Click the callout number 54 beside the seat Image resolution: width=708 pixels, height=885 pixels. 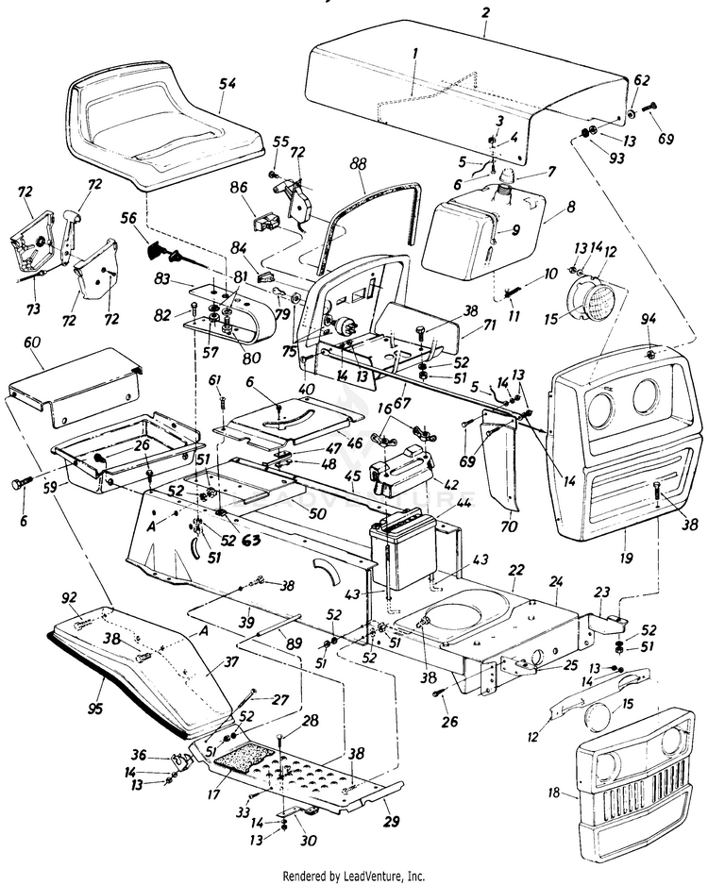[228, 85]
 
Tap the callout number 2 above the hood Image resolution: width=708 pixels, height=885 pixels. [485, 12]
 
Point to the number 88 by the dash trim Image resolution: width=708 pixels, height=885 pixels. [358, 164]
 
